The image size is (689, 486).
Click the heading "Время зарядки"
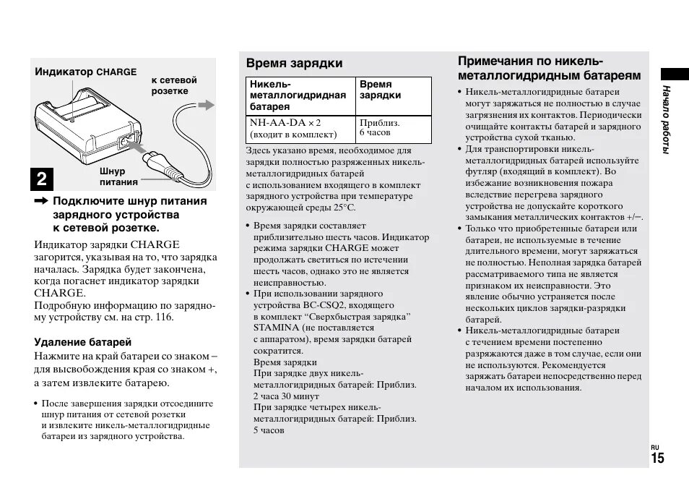(x=294, y=63)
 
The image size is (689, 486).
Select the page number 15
(x=656, y=459)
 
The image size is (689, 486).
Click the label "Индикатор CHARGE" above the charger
(x=86, y=72)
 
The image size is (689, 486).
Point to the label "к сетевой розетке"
(x=174, y=85)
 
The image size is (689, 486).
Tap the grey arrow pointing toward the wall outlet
(x=207, y=106)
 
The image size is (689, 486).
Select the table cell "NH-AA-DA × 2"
(x=285, y=123)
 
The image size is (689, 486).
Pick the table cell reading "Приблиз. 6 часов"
(x=379, y=128)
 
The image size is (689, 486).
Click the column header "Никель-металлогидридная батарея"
(x=298, y=95)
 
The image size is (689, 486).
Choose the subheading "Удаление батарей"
(x=83, y=342)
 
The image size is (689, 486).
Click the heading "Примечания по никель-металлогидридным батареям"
(x=549, y=68)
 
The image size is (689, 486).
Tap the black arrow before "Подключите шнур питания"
(x=40, y=201)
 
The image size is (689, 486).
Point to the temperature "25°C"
(x=343, y=206)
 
